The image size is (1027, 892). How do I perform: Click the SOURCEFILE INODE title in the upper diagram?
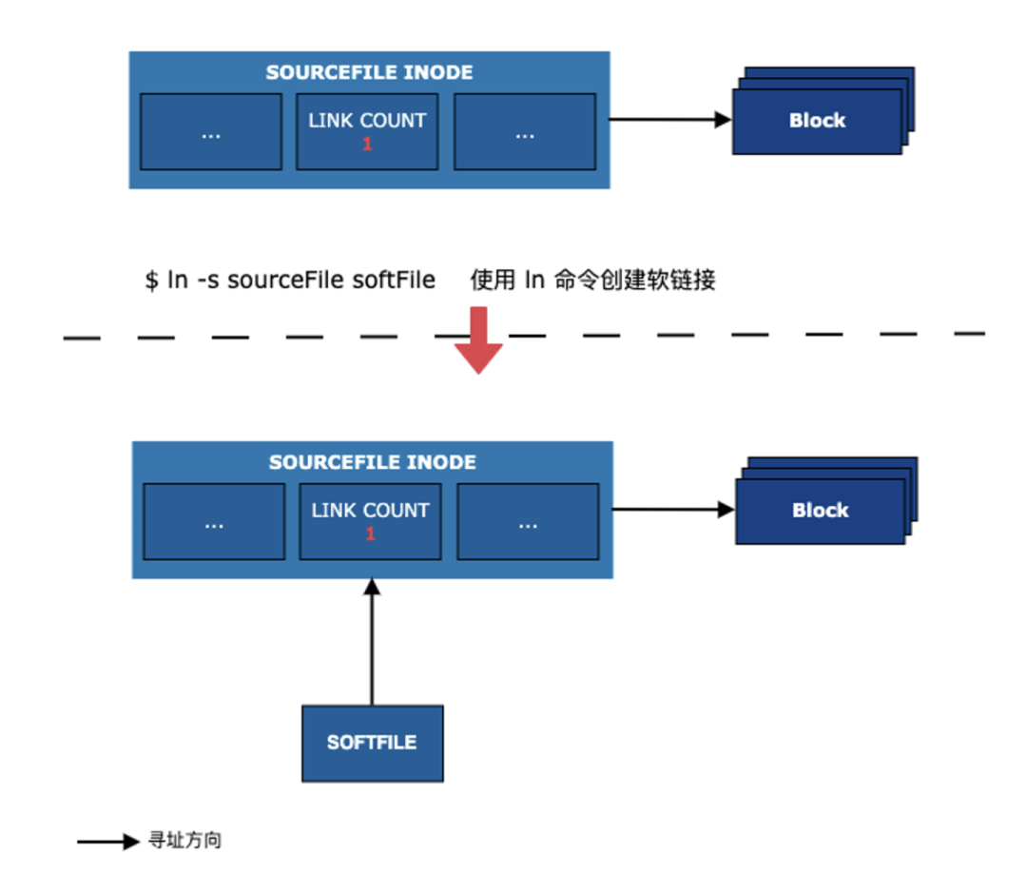369,72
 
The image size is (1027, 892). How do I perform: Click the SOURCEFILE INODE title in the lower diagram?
372,462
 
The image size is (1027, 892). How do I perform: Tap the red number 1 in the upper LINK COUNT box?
367,145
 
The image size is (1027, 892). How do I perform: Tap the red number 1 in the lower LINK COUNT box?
370,534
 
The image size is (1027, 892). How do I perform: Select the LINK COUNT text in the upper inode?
367,121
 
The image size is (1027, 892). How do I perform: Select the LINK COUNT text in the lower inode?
370,511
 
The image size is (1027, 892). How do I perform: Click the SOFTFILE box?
372,743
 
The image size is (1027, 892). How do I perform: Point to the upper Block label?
817,121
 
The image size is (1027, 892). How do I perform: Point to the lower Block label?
820,511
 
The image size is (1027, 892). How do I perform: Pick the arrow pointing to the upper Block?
669,120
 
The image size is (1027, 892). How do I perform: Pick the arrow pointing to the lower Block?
672,510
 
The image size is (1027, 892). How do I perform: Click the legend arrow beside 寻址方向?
108,842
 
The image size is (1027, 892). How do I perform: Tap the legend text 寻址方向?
185,841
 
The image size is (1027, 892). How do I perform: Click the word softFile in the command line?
394,281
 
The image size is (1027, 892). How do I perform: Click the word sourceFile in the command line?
285,281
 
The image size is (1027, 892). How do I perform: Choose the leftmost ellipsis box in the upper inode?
211,132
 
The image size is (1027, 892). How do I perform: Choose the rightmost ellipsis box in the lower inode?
528,522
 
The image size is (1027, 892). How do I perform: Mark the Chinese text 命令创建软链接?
633,281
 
